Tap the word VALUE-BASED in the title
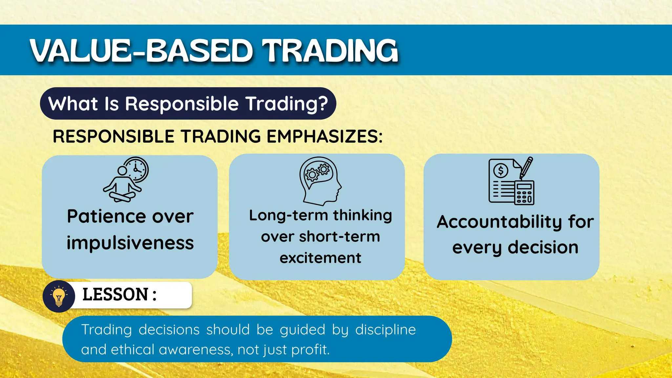[141, 51]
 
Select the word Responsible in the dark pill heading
[181, 104]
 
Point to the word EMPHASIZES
[324, 136]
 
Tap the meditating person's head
[122, 171]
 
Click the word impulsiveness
[130, 243]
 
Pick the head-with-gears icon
[320, 180]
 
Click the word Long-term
[289, 216]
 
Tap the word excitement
[320, 258]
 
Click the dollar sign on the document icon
[501, 170]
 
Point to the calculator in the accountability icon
[524, 193]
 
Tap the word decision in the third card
[543, 247]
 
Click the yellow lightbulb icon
[59, 296]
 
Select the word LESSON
[115, 294]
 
